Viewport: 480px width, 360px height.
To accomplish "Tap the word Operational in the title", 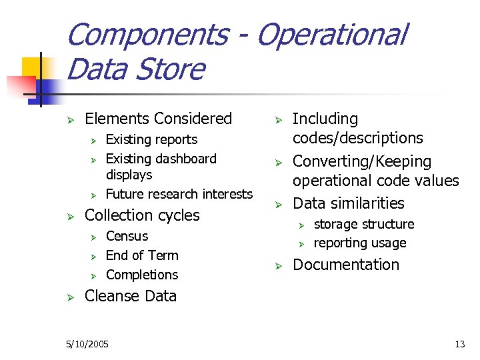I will coord(331,35).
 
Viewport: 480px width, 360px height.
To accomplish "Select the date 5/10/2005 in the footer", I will coord(88,344).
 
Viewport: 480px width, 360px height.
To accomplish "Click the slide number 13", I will coord(459,344).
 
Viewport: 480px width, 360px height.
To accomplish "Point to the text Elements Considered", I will coord(159,119).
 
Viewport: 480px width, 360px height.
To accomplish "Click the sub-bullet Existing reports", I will coord(151,139).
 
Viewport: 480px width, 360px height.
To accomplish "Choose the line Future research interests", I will coord(179,194).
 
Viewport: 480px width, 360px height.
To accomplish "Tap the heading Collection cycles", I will coord(142,215).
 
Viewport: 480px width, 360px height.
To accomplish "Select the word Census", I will coord(127,236).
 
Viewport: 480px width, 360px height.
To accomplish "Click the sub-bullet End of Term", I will coord(142,255).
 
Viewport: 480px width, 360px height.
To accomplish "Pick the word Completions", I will coord(142,275).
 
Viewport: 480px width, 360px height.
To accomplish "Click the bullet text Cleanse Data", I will coord(131,296).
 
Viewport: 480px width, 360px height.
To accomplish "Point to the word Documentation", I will coord(346,265).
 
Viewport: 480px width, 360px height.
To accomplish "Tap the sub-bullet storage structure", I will coord(364,224).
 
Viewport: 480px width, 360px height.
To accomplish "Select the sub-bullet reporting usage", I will coord(360,243).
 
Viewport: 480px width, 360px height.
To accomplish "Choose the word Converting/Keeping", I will coord(362,161).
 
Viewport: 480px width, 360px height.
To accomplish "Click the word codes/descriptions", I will coord(358,138).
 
